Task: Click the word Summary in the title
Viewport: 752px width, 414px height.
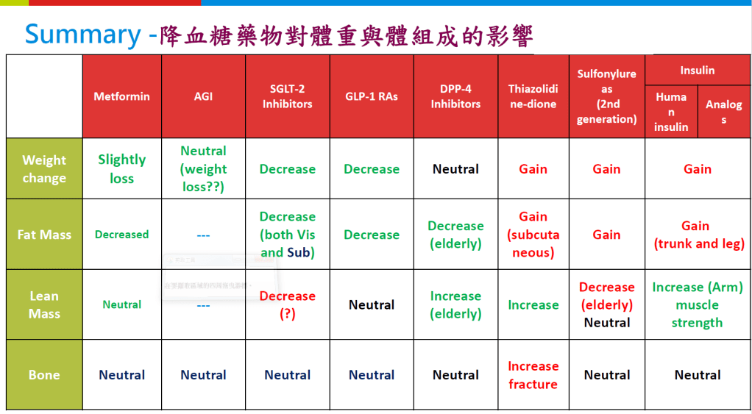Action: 82,35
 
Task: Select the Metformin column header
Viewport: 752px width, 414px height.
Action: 121,96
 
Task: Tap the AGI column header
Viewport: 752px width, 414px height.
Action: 203,96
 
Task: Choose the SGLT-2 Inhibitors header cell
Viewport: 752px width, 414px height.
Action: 287,96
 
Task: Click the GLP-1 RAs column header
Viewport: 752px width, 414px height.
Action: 372,96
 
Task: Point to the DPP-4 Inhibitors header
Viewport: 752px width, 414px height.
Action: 455,96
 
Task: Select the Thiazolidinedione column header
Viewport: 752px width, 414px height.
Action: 533,96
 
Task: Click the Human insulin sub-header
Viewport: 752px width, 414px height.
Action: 670,112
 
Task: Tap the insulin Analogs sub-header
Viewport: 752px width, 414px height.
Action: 723,112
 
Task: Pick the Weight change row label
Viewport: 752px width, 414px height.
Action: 44,169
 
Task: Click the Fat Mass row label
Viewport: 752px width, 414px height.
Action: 44,235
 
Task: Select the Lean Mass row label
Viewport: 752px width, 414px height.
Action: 44,304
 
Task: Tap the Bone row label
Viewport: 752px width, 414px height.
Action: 44,375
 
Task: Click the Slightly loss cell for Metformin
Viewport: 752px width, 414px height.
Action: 121,168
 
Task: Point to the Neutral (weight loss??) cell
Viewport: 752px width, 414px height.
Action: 203,168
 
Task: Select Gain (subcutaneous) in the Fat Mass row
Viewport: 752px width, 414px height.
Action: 533,235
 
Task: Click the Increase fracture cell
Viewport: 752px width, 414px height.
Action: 533,375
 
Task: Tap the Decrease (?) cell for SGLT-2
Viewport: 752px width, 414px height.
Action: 287,304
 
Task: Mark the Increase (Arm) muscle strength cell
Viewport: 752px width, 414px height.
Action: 697,304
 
